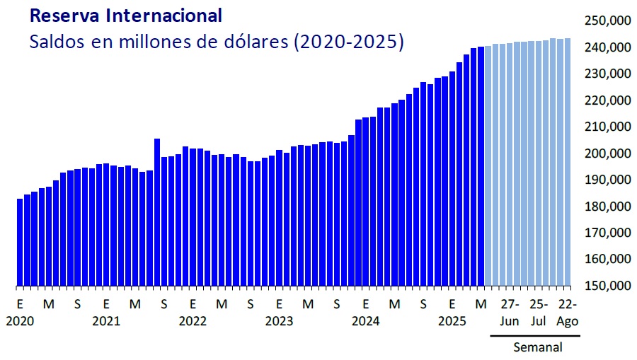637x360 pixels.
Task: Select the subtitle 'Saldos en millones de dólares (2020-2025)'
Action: pos(217,42)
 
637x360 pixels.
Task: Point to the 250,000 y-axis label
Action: pos(607,21)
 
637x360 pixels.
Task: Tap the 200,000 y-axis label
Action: pos(607,153)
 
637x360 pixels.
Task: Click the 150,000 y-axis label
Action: pos(607,286)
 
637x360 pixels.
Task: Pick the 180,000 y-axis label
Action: pos(607,207)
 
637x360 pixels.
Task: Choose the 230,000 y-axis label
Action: pos(607,74)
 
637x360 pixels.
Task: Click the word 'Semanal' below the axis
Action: pos(538,347)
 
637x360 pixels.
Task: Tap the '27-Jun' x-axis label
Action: pos(510,313)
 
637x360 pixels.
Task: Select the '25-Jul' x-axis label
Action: pos(539,313)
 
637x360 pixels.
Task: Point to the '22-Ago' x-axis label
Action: pos(568,313)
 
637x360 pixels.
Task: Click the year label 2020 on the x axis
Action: pos(20,321)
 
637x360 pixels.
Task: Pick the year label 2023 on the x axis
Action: pos(279,321)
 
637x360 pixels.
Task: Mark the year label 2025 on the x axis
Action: pos(452,321)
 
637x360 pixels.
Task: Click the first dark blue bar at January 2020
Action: pos(20,242)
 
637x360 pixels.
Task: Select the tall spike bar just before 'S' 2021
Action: pos(157,212)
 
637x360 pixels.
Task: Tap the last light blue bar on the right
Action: pos(568,163)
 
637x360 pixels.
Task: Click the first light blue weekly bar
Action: pos(488,166)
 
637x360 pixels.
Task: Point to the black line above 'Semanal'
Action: pos(535,335)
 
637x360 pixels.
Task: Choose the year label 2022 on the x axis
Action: pos(193,321)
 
